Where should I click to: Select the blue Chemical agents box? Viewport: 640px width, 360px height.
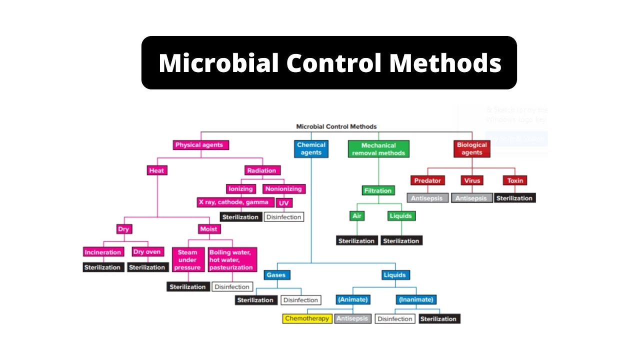point(311,148)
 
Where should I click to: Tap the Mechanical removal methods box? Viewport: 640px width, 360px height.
point(378,149)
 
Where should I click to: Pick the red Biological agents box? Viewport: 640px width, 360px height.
point(471,148)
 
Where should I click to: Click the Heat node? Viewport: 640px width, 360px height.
point(156,170)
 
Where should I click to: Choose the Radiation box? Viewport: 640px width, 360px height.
point(261,170)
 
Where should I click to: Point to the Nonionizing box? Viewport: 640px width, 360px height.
point(283,189)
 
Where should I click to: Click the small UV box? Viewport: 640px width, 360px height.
point(284,203)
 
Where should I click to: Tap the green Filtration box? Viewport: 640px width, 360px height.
point(378,190)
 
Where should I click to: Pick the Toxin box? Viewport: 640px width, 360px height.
point(515,180)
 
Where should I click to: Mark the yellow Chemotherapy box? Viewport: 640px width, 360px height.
point(307,318)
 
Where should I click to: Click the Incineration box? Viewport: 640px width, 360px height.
point(103,252)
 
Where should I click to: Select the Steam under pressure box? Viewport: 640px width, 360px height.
point(187,260)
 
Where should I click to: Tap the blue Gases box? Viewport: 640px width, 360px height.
point(276,275)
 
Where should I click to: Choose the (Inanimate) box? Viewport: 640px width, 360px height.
point(416,300)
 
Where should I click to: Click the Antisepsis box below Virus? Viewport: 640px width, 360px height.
point(471,198)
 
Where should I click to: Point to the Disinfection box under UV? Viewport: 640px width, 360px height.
point(284,217)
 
